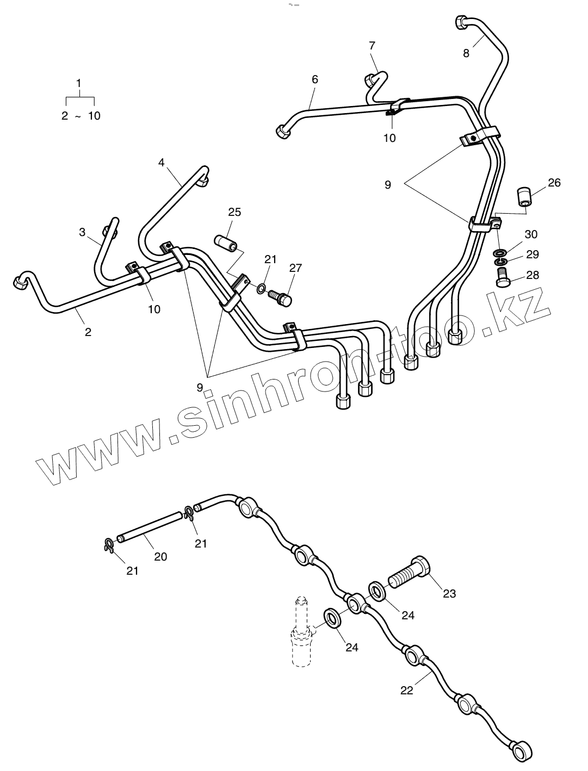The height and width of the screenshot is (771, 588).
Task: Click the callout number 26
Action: (554, 183)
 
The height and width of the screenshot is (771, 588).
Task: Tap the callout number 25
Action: (234, 212)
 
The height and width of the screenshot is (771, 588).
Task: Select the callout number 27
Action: (295, 268)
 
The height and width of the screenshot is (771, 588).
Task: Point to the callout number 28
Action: (533, 275)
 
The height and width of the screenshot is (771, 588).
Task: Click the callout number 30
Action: (531, 234)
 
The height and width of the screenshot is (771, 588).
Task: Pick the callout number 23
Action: (449, 593)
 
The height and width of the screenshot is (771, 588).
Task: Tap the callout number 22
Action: (406, 691)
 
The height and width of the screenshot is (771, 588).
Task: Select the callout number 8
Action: (466, 53)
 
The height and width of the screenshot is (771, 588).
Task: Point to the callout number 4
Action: (161, 162)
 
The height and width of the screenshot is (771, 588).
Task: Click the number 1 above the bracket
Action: (79, 83)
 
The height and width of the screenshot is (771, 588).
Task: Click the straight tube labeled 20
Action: (150, 527)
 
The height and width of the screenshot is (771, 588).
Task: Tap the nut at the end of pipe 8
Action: (459, 23)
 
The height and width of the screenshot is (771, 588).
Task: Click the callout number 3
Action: (82, 232)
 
